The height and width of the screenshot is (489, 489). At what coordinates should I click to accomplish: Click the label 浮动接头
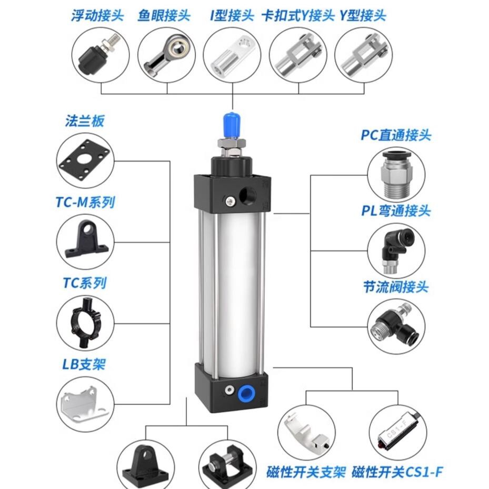point(97,16)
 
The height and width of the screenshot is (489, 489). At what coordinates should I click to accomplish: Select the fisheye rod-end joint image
point(167,55)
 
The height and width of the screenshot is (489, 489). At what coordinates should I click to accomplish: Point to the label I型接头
point(232,16)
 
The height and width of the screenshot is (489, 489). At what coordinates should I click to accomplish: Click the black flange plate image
point(85,161)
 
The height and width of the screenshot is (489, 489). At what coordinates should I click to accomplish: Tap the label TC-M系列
point(85,202)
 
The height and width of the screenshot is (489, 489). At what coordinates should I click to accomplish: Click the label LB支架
point(84,364)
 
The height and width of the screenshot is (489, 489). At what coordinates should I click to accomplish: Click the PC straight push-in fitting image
point(396,175)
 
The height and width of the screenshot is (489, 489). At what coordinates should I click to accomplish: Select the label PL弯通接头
point(396,211)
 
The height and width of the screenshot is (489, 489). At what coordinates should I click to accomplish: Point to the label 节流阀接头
point(396,287)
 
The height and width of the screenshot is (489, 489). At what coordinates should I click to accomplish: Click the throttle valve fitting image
point(395,326)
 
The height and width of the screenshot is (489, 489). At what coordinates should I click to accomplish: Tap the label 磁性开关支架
point(306,472)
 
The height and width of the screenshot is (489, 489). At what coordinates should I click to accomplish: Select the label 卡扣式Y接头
point(298,16)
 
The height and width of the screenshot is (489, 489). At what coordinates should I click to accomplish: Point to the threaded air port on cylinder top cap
point(247,196)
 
